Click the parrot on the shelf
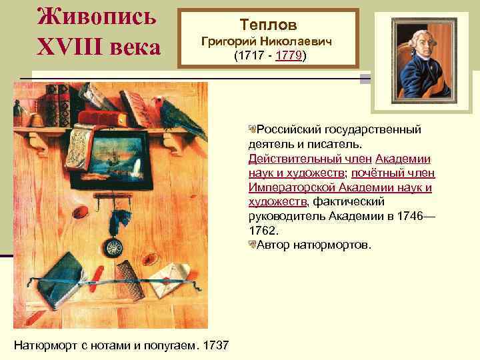[x=177, y=113]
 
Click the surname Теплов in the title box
[x=269, y=25]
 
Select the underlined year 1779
[x=287, y=57]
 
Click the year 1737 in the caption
[x=216, y=345]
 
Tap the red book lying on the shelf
[x=101, y=118]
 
